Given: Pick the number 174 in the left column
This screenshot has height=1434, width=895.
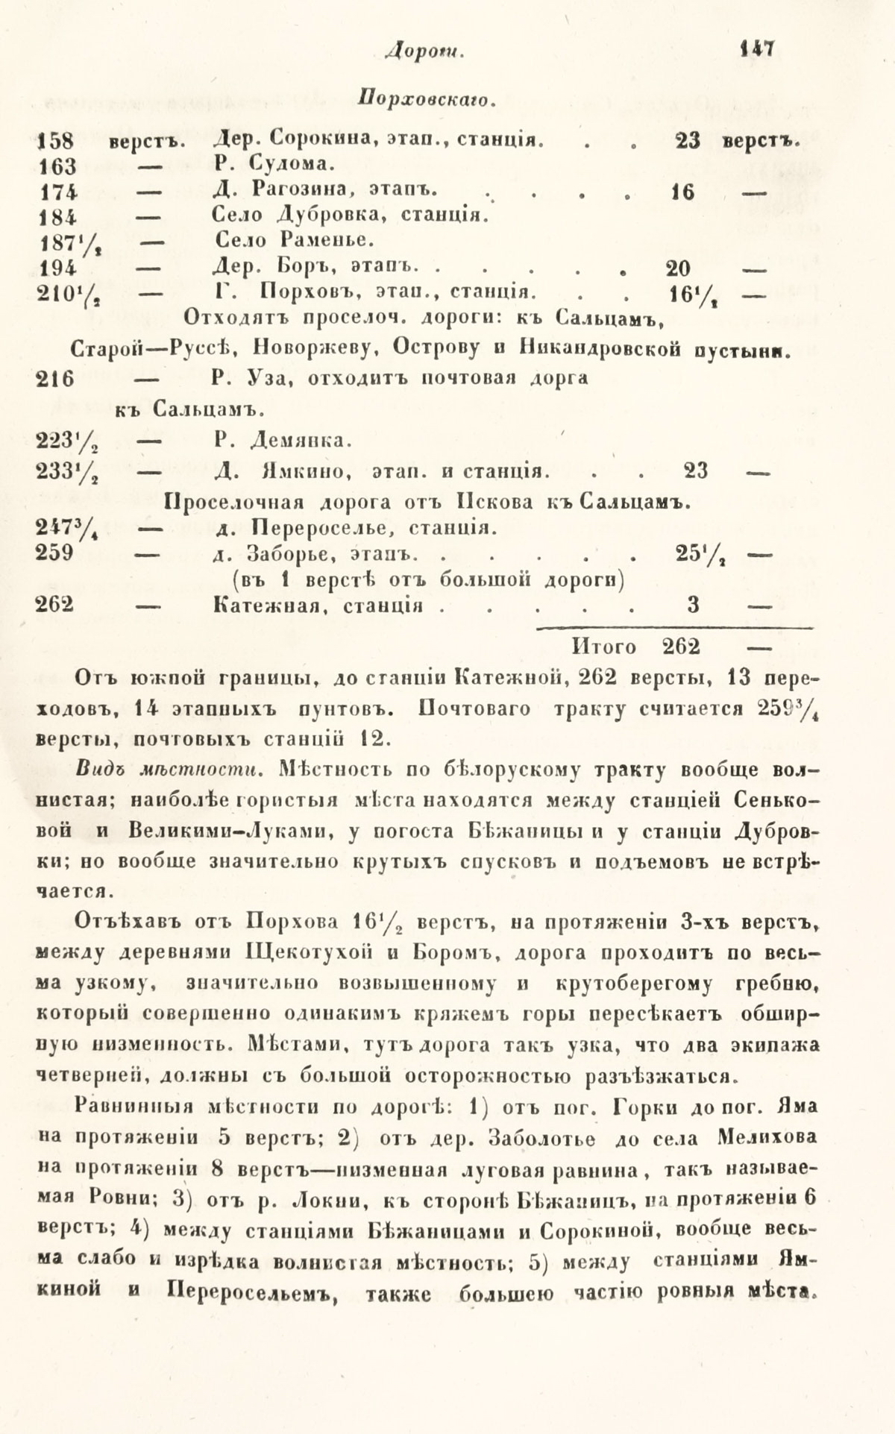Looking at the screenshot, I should [x=57, y=191].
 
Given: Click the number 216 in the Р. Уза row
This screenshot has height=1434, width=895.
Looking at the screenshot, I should [x=55, y=378].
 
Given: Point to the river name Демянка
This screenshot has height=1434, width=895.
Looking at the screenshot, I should [x=297, y=441].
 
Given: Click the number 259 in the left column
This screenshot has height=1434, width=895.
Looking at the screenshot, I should [x=55, y=554].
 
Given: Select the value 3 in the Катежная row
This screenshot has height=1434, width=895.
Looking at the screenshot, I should [x=694, y=605].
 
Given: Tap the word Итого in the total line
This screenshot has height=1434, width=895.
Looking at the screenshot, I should [x=604, y=646].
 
